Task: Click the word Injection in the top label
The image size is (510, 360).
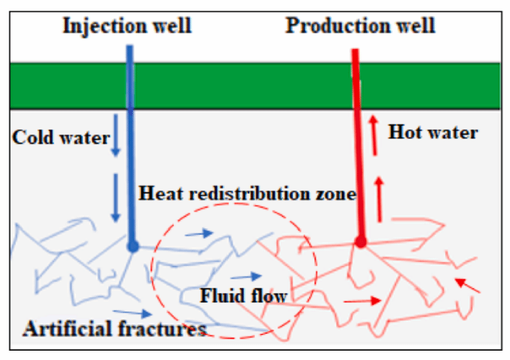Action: tap(105, 26)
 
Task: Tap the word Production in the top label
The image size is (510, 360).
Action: tap(338, 25)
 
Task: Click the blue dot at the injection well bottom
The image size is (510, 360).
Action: tap(133, 246)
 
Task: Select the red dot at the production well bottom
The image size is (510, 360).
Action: tap(361, 242)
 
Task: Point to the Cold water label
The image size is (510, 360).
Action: tap(61, 137)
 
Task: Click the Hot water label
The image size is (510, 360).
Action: tap(433, 132)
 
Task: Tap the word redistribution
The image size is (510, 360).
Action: tap(250, 193)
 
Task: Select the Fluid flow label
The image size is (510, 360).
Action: tap(244, 296)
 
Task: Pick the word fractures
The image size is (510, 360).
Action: tap(162, 329)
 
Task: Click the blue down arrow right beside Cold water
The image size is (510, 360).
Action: tap(116, 135)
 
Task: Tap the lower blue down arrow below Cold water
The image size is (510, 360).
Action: tap(116, 198)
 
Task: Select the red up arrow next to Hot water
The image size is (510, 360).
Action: tap(374, 135)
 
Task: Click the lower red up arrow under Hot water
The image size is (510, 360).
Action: tap(379, 200)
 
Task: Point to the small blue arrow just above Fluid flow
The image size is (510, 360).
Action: tap(246, 276)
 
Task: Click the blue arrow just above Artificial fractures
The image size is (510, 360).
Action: tap(132, 313)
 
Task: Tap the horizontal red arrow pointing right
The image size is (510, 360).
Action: tap(363, 301)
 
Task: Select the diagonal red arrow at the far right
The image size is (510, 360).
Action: tap(467, 286)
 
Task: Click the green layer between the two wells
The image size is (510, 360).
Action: tap(242, 86)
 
